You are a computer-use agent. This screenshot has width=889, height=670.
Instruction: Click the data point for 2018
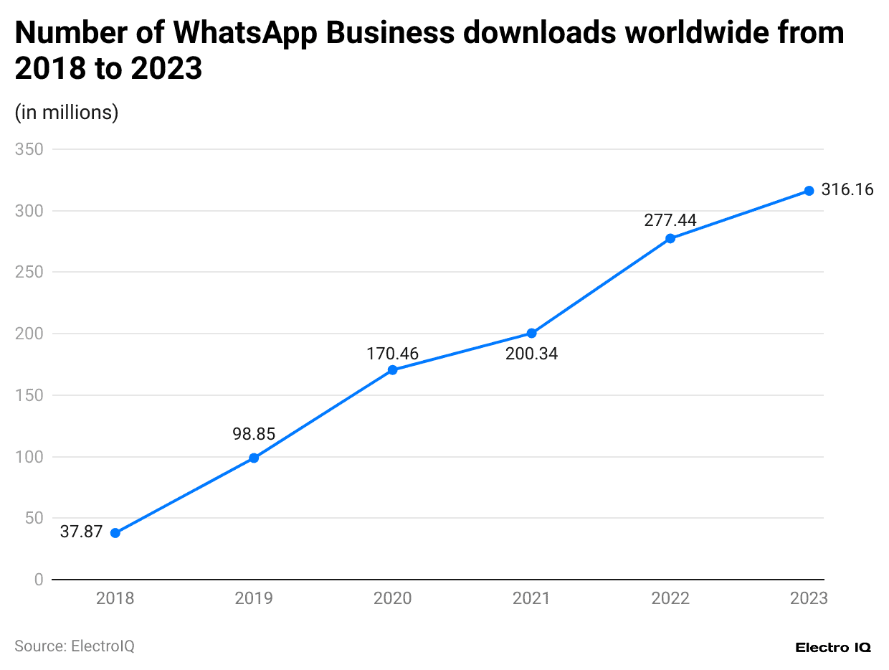tap(115, 533)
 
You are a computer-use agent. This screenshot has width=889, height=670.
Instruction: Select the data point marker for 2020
tap(392, 370)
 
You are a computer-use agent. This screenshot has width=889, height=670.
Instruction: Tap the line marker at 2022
tap(670, 238)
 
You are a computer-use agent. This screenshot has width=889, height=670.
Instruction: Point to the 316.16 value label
tap(847, 190)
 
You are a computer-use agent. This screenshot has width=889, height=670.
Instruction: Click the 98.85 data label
tap(254, 434)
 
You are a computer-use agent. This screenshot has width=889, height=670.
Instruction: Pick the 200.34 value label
tap(531, 353)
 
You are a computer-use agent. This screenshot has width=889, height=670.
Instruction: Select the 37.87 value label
tap(81, 532)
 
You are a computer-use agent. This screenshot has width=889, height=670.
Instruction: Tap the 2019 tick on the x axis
tap(254, 598)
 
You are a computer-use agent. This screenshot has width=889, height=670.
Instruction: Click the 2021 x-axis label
tap(531, 598)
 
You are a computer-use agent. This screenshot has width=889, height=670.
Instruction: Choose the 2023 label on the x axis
tap(809, 598)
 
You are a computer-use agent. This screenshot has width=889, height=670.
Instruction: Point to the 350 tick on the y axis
tap(29, 149)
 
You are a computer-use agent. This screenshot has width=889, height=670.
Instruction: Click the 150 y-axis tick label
tap(29, 395)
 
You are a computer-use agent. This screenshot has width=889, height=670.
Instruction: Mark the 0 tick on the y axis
tap(39, 580)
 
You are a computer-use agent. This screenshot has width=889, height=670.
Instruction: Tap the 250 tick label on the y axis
tap(29, 273)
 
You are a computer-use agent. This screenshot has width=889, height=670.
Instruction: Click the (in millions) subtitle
tap(67, 113)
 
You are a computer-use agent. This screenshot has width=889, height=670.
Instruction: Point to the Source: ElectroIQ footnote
tap(75, 646)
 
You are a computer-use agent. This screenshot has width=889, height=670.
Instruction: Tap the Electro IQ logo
tap(833, 647)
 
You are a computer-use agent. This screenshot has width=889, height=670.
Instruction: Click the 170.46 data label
tap(392, 353)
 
